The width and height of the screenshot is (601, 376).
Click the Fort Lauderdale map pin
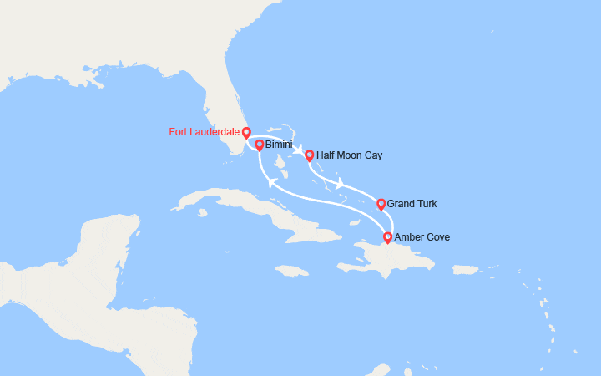pyautogui.click(x=246, y=132)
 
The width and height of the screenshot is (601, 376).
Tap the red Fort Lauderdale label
pyautogui.click(x=203, y=132)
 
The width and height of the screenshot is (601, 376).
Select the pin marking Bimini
pyautogui.click(x=260, y=145)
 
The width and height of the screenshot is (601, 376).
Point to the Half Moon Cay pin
pyautogui.click(x=310, y=155)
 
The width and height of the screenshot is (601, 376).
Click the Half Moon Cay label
pyautogui.click(x=350, y=155)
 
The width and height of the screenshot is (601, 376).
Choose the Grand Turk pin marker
pyautogui.click(x=381, y=203)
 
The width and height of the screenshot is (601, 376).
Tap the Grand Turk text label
pyautogui.click(x=412, y=204)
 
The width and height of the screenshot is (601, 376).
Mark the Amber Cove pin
pyautogui.click(x=387, y=237)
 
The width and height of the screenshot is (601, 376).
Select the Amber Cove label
pyautogui.click(x=422, y=237)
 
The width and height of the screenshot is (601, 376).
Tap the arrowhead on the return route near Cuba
pyautogui.click(x=271, y=181)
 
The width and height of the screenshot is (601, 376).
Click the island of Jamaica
pyautogui.click(x=293, y=271)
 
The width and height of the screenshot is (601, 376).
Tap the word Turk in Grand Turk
pyautogui.click(x=426, y=204)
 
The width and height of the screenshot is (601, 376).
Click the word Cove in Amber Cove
pyautogui.click(x=437, y=237)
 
